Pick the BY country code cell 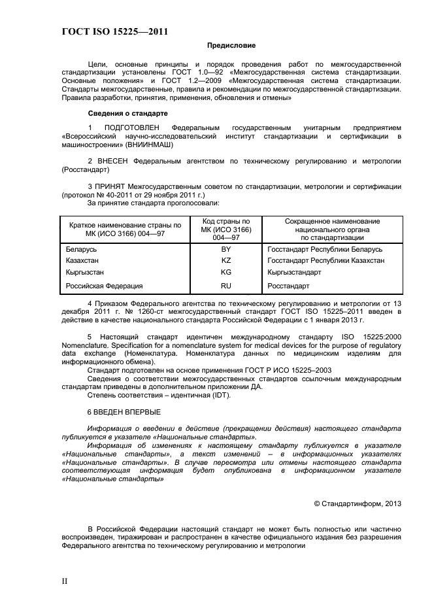[226, 249]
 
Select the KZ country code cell [226, 260]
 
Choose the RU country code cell [226, 286]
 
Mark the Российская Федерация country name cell [104, 286]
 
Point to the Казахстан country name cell [82, 260]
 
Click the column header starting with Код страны [226, 229]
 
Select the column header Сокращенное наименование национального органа [332, 229]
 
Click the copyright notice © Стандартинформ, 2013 [357, 503]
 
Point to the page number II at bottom [65, 581]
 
